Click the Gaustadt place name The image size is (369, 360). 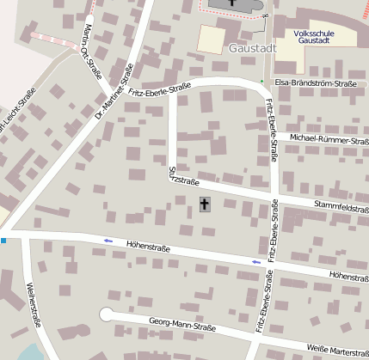[253, 48]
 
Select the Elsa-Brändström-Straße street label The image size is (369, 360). [315, 83]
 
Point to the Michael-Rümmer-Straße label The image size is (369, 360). [329, 138]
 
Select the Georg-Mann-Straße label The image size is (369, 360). [181, 326]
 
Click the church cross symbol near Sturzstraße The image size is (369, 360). [204, 204]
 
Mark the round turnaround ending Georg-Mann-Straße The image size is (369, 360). [107, 314]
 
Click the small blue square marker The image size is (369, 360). [3, 240]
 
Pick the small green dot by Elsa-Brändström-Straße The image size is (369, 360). [262, 82]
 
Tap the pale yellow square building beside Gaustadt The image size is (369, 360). [212, 39]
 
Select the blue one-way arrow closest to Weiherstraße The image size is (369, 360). [108, 241]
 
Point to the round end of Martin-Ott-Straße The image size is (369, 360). [89, 16]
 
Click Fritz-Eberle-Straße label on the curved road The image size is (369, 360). [160, 89]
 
